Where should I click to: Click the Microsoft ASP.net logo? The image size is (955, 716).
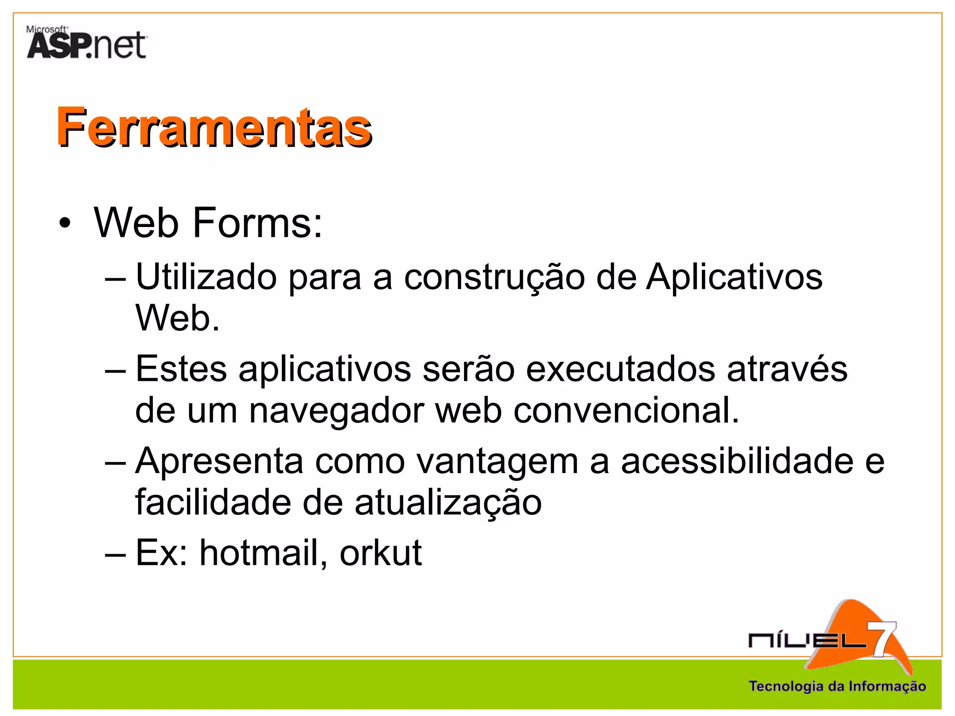(87, 43)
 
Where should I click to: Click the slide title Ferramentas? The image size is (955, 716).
(214, 127)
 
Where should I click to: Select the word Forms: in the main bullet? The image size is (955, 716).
(257, 223)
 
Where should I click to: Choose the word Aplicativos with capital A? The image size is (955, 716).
(734, 277)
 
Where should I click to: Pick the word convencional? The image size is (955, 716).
(626, 410)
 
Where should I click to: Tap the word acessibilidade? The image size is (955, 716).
(737, 461)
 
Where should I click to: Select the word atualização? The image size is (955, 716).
(448, 503)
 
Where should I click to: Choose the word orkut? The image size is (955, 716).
(381, 553)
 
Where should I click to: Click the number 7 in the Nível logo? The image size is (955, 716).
(883, 639)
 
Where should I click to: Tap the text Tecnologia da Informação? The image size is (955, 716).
(837, 686)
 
